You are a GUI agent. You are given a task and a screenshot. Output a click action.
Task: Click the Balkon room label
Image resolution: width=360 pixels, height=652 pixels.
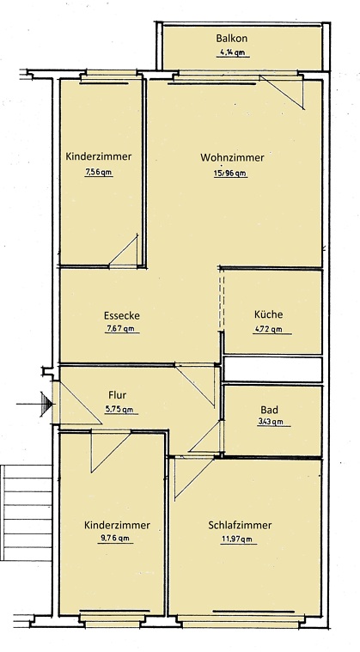pyautogui.click(x=232, y=39)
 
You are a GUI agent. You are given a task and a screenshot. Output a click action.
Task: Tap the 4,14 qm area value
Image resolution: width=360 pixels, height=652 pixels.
pyautogui.click(x=232, y=52)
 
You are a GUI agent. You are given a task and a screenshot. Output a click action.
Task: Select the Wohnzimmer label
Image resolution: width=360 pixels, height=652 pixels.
pyautogui.click(x=232, y=158)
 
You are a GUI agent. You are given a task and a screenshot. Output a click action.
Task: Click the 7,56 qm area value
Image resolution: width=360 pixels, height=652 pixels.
pyautogui.click(x=99, y=172)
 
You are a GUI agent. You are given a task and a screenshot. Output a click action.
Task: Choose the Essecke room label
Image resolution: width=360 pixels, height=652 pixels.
pyautogui.click(x=122, y=315)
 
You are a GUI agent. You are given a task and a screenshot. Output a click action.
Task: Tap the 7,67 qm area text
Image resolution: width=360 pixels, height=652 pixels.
pyautogui.click(x=121, y=329)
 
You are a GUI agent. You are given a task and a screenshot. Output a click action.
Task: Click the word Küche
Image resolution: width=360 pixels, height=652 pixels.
pyautogui.click(x=268, y=314)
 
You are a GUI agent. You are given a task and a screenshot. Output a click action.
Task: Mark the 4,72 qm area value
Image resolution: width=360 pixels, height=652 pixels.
pyautogui.click(x=268, y=328)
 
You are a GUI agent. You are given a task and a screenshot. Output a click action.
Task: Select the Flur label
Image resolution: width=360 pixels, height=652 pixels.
pyautogui.click(x=118, y=396)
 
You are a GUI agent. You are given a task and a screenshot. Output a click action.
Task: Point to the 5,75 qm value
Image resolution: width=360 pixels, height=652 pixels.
pyautogui.click(x=119, y=410)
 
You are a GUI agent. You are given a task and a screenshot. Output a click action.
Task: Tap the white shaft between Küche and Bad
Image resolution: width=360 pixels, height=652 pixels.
pyautogui.click(x=272, y=370)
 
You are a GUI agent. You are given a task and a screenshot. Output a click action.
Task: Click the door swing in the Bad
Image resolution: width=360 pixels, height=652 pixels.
pyautogui.click(x=206, y=438)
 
